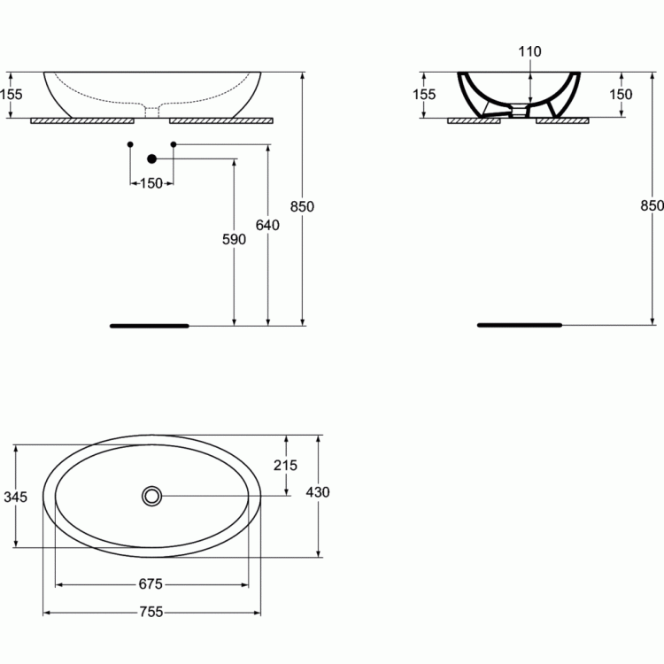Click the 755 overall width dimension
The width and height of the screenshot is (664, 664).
coord(151,612)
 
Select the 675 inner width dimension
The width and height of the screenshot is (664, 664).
coord(151,584)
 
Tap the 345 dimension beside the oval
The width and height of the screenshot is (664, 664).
coord(15,497)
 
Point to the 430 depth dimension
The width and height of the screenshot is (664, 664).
coord(318,492)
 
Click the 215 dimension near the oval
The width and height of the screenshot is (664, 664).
coord(285,466)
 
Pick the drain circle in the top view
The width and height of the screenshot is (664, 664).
coord(151,496)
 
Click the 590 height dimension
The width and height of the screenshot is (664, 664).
coord(234,240)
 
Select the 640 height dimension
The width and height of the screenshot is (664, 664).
coord(267,225)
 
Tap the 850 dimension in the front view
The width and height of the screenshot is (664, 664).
coord(302,206)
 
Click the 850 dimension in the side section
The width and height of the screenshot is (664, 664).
coord(652,205)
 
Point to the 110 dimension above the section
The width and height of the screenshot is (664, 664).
coord(529,51)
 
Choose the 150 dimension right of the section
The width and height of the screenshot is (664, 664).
coord(621,95)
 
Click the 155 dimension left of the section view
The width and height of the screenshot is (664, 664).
coord(424,95)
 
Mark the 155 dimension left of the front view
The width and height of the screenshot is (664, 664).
coord(11,95)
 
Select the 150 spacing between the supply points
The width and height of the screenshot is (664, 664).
coord(151,183)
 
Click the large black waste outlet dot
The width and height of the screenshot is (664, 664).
coord(152,158)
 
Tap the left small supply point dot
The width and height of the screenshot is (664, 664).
coord(130,144)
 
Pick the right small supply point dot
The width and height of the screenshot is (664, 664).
coord(174,144)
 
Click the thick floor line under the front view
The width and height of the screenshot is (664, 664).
coord(150,326)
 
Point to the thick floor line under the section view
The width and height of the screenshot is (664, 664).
coord(520,325)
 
